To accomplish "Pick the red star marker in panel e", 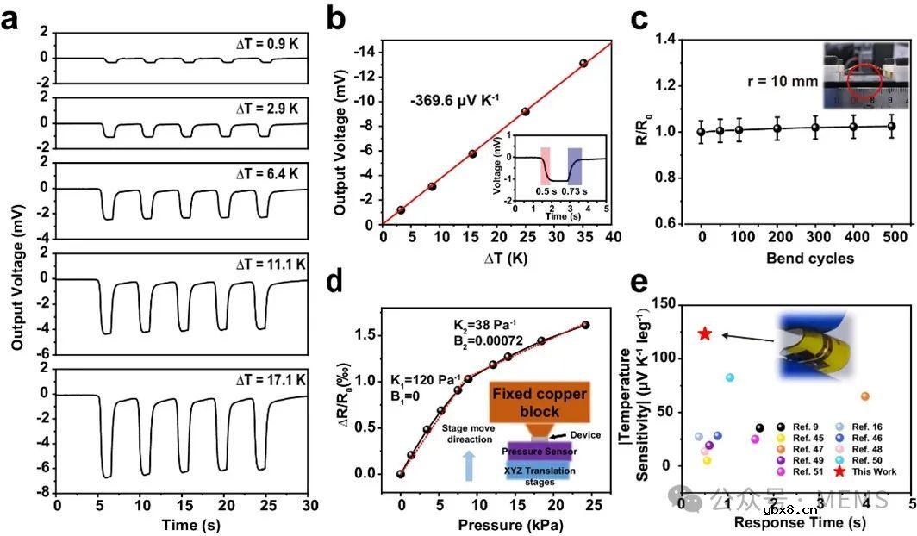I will coord(705,333).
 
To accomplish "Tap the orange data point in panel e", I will coord(864,396).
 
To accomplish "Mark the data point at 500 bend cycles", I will coord(891,127).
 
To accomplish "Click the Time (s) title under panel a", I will coord(178,525).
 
